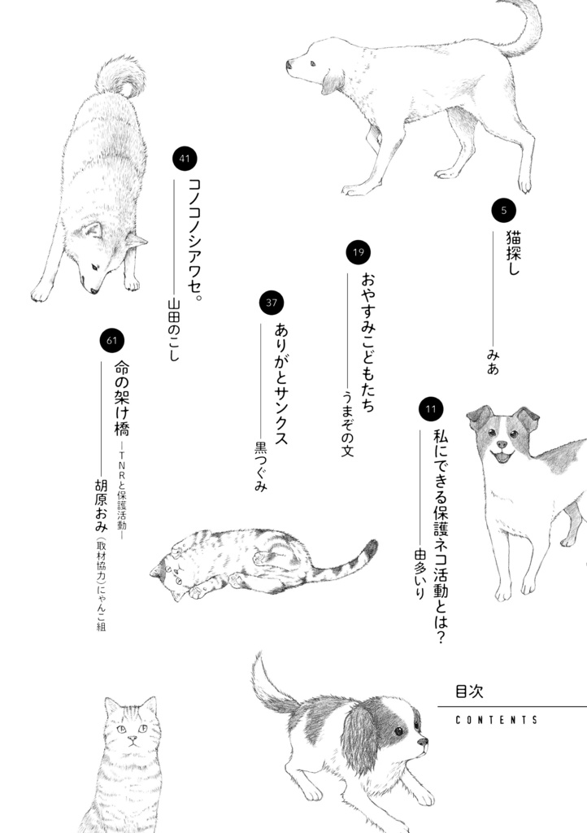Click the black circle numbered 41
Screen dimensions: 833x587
pos(185,159)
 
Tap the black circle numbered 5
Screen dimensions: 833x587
pos(504,211)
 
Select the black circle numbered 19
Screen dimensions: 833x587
pos(357,253)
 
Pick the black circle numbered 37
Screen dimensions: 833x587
pos(272,303)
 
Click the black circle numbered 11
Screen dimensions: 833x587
pos(430,409)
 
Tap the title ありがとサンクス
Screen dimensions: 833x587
pos(281,382)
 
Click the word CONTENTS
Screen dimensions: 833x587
pos(497,720)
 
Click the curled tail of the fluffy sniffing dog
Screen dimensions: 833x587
pos(121,76)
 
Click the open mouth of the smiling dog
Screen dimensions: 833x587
pos(502,458)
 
